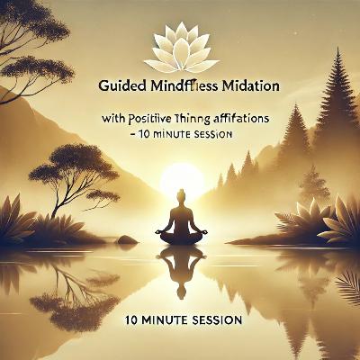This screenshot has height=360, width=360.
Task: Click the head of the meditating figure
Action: pyautogui.click(x=182, y=195)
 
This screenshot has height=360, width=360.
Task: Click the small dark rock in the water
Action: pyautogui.click(x=127, y=240)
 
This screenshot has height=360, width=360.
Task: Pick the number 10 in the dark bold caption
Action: pyautogui.click(x=121, y=319)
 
